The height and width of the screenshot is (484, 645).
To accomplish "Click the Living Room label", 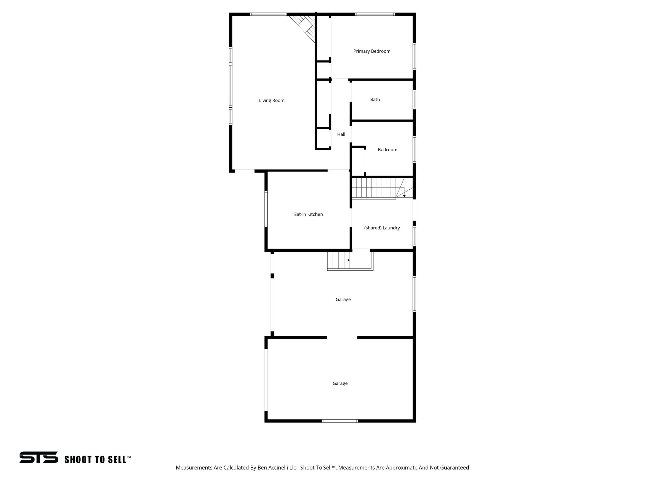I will pyautogui.click(x=271, y=101).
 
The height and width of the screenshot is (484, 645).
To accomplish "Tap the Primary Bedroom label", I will pyautogui.click(x=372, y=51).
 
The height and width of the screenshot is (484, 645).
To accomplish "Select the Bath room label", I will pyautogui.click(x=375, y=100).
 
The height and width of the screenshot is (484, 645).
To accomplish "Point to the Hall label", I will pyautogui.click(x=341, y=135).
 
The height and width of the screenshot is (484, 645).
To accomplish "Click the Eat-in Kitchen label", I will pyautogui.click(x=308, y=214).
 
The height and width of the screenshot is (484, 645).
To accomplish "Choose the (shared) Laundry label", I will pyautogui.click(x=382, y=228).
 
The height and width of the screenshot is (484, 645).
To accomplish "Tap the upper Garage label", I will pyautogui.click(x=343, y=300).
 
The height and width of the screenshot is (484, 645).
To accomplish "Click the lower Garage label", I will pyautogui.click(x=340, y=383).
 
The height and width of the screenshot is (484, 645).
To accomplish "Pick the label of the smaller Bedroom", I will pyautogui.click(x=387, y=150).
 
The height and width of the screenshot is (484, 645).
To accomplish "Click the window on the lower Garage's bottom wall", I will pyautogui.click(x=340, y=421).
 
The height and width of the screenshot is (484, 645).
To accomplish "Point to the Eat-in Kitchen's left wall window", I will pyautogui.click(x=266, y=209).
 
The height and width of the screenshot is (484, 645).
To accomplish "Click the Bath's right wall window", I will pyautogui.click(x=414, y=100).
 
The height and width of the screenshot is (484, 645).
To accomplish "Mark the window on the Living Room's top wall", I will pyautogui.click(x=268, y=14).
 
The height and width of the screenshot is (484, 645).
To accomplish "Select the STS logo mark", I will pyautogui.click(x=39, y=457).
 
